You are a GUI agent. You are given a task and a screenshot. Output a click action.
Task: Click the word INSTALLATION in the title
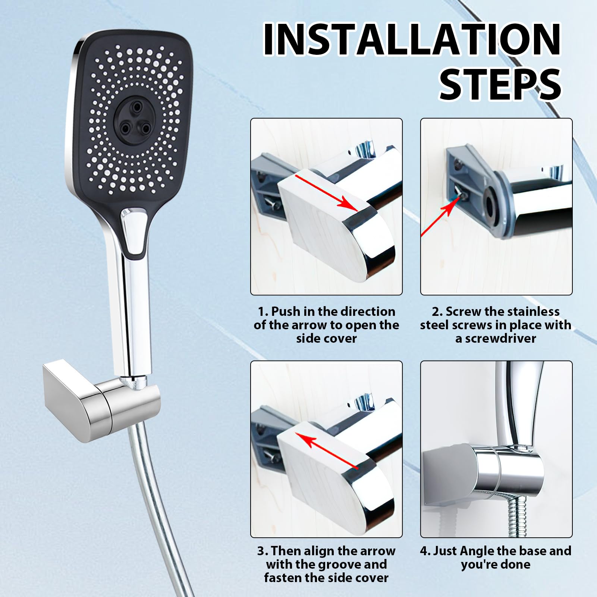(412, 40)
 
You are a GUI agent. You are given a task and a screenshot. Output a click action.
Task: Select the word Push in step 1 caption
(286, 312)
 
